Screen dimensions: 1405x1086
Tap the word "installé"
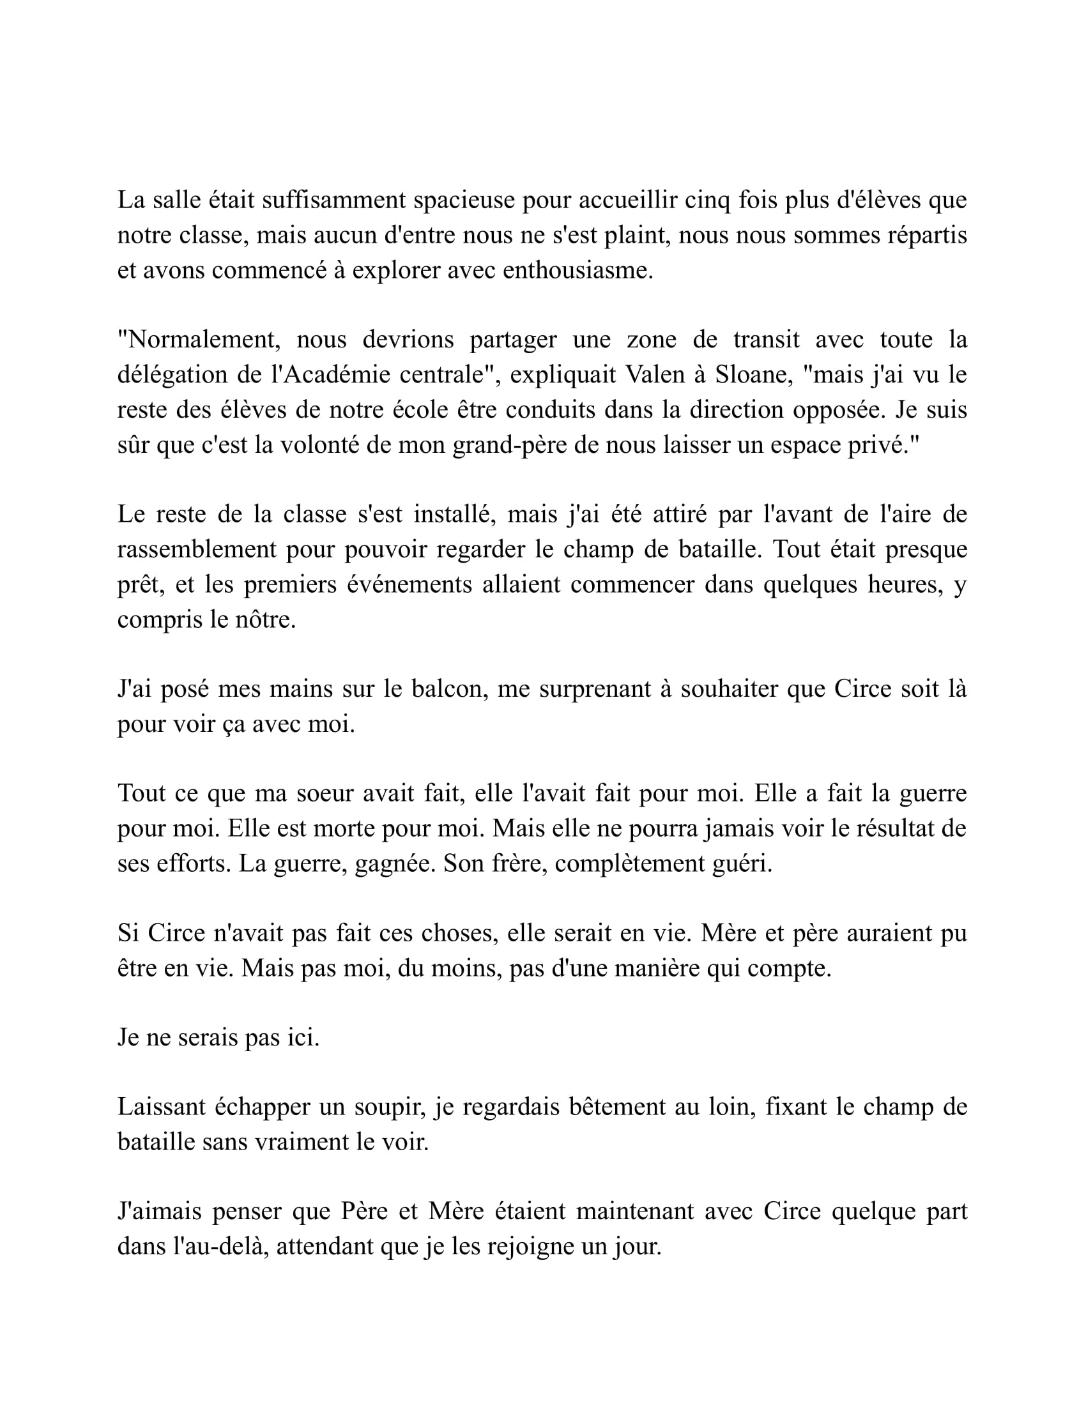[451, 515]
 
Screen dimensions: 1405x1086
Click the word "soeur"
[323, 793]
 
